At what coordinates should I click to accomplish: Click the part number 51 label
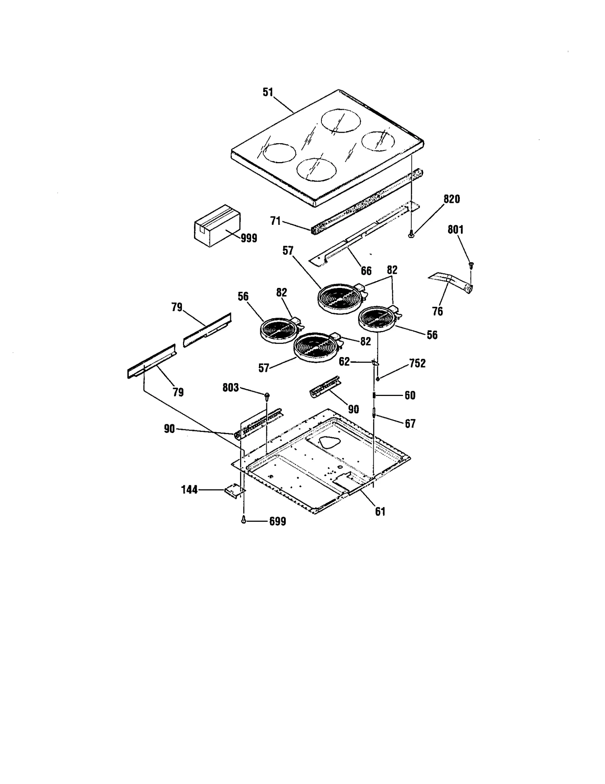coord(268,93)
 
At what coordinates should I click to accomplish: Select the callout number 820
coord(451,199)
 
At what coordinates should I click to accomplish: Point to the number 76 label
coord(437,311)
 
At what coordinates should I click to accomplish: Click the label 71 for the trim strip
coord(276,221)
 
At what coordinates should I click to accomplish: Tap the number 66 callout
coord(366,271)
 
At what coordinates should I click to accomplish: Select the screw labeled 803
coord(267,395)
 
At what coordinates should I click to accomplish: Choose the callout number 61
coord(380,512)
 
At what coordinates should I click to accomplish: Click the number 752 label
coord(417,363)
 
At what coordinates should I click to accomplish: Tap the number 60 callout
coord(410,395)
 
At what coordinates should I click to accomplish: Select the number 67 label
coord(410,424)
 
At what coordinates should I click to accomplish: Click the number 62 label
coord(344,362)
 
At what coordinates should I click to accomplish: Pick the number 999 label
coord(249,238)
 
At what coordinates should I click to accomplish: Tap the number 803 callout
coord(231,387)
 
